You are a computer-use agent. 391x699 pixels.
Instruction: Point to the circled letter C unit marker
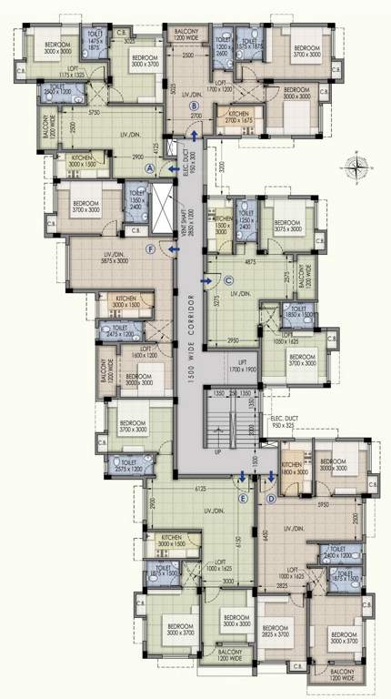(x=228, y=280)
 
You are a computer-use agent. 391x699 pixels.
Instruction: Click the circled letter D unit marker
(x=271, y=498)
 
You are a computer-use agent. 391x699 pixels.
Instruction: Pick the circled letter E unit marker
(x=243, y=498)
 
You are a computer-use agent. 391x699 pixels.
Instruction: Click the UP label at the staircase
(x=216, y=451)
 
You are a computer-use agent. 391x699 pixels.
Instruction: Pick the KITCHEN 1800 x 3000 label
(x=294, y=468)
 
